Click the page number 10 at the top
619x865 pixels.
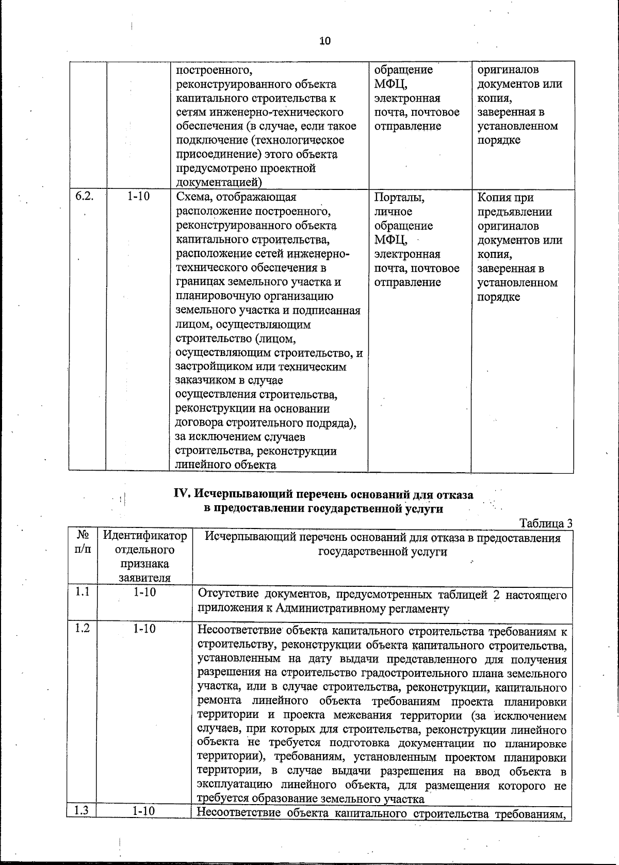tap(324, 41)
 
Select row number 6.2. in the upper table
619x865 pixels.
tap(84, 197)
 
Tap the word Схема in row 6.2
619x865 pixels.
tap(194, 197)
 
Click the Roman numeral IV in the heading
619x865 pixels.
tap(184, 494)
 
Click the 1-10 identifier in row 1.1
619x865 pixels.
tap(144, 592)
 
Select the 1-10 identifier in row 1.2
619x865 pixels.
tap(144, 629)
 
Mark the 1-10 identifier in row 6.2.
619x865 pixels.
tap(138, 197)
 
